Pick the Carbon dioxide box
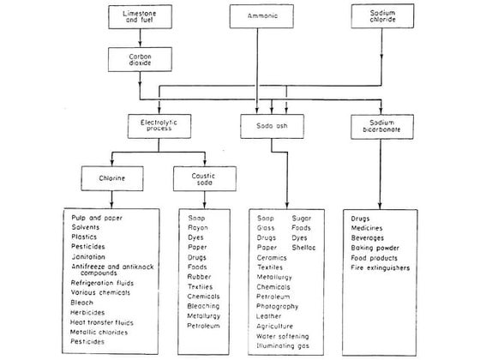coord(142,58)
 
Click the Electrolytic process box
coord(159,125)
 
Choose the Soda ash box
coord(272,126)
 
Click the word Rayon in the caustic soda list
coord(198,230)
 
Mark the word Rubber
coord(199,277)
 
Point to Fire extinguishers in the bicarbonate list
coord(381,267)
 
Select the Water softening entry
coord(283,337)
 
